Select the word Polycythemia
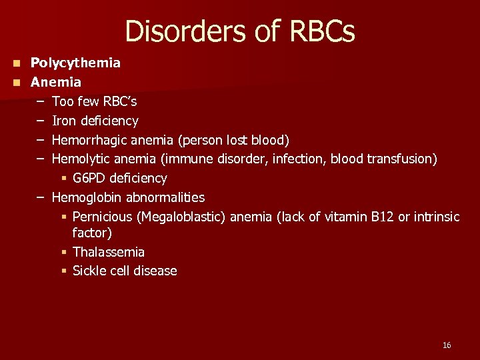(75, 63)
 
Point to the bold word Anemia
(56, 82)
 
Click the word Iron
(64, 121)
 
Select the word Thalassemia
(108, 252)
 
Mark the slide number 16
(446, 345)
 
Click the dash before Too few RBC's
(41, 101)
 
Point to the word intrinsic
(436, 217)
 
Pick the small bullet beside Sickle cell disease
(64, 271)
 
